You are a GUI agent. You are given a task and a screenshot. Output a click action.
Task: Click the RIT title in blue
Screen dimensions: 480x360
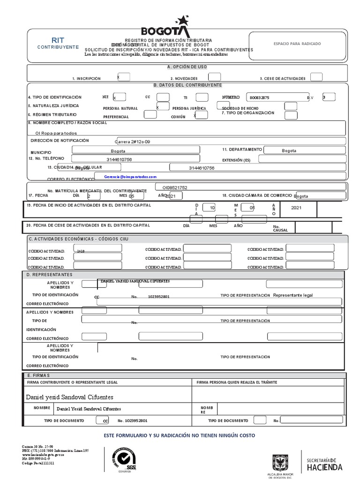coord(58,40)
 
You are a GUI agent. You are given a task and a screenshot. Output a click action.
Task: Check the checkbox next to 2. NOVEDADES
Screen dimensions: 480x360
coord(214,77)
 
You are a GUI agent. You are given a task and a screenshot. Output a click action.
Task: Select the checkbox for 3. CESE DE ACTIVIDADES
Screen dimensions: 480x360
coord(316,77)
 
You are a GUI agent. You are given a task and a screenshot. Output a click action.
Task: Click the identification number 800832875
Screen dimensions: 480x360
coord(260,97)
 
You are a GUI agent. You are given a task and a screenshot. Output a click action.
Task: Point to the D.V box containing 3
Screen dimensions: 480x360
coord(329,97)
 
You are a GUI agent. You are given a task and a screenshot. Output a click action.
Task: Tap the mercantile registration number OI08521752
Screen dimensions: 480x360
coord(175,187)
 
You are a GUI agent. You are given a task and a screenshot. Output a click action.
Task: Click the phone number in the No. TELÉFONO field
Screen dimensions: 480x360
coord(119,159)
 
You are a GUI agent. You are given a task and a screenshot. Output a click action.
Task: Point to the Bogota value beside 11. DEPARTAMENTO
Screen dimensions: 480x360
coord(289,150)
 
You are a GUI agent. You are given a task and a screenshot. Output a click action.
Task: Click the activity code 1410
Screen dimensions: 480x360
coord(81,251)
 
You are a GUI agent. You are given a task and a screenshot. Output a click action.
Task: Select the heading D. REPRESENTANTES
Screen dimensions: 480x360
coord(49,274)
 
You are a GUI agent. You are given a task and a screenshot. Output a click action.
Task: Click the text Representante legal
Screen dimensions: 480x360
coord(292,295)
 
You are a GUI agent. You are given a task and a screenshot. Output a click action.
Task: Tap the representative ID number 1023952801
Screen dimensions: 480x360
coord(158,297)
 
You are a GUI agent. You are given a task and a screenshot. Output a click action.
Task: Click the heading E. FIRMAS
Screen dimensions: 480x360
coord(38,375)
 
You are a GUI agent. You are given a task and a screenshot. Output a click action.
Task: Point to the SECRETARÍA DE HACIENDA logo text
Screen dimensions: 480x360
coord(324,463)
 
